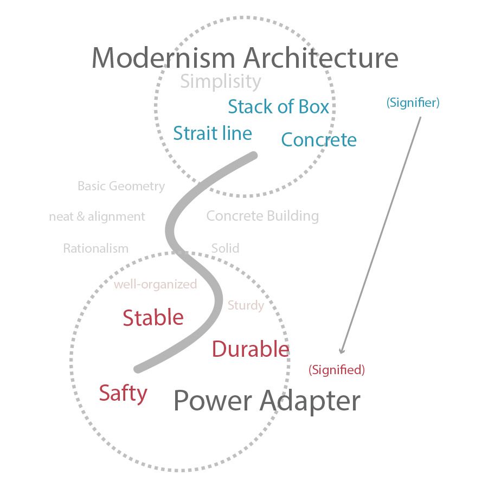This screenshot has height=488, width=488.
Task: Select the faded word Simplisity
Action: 220,82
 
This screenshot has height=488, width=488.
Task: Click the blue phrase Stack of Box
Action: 278,107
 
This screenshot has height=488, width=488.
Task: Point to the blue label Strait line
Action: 213,133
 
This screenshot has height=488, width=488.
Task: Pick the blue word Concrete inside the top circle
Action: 319,140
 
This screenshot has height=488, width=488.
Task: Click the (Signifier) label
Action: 413,103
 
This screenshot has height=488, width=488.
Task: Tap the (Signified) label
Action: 336,370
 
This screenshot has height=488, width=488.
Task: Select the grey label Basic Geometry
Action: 121,187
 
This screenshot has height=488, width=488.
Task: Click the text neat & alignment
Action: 97,217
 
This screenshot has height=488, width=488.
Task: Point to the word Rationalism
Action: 95,249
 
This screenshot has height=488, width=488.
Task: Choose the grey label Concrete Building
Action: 262,216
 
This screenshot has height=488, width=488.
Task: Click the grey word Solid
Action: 225,248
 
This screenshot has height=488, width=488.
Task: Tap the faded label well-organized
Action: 155,285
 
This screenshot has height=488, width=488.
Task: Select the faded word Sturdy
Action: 246,305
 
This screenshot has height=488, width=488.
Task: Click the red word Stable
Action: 153,318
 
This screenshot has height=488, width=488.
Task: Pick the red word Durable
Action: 250,349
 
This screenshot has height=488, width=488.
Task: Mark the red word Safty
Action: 123,393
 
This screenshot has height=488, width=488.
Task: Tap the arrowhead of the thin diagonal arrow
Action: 342,351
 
